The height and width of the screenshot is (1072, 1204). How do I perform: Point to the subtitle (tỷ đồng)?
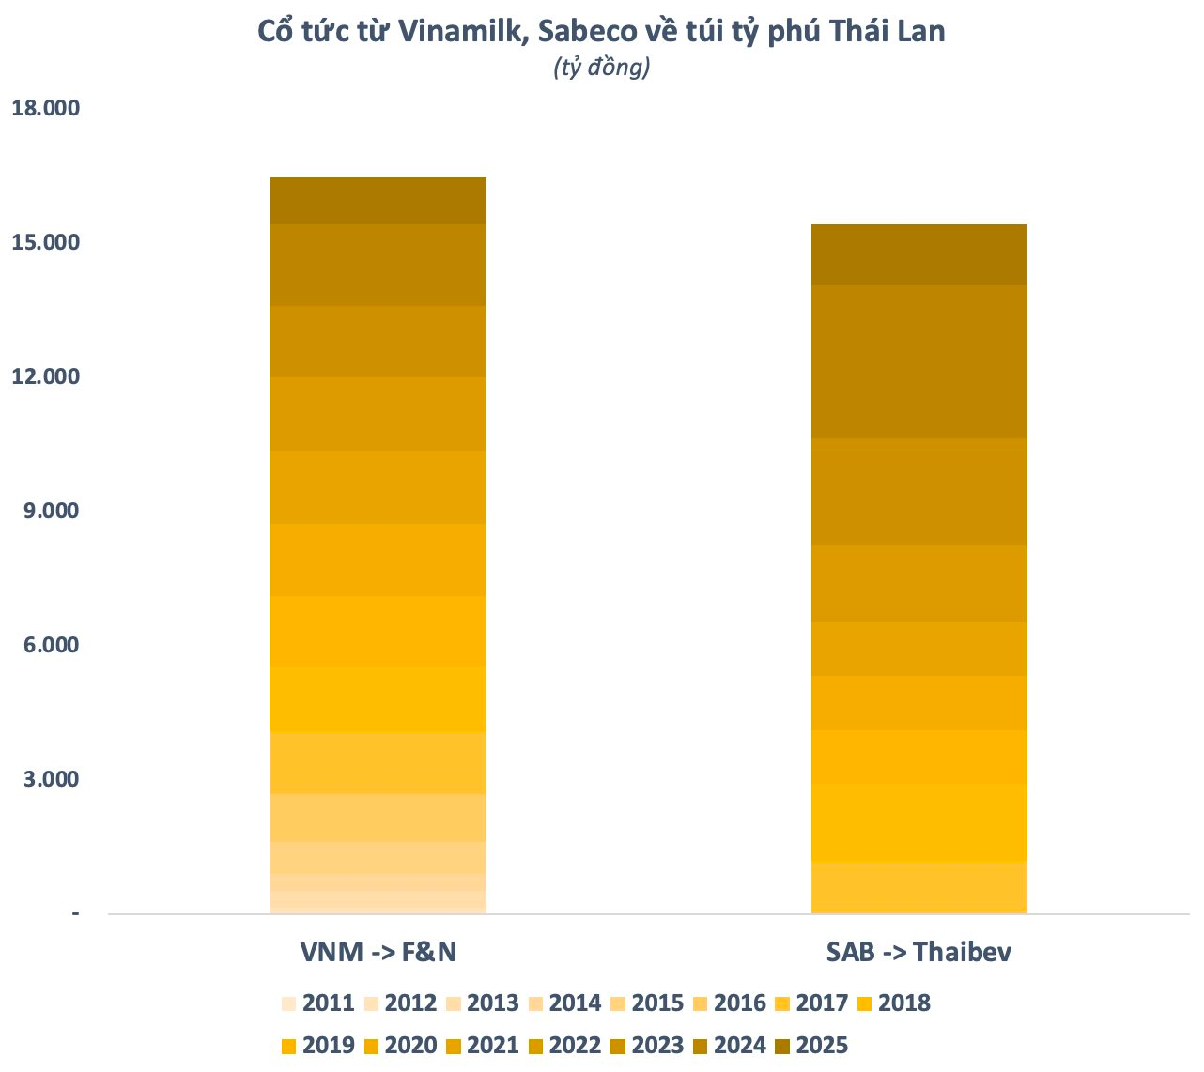[x=602, y=68]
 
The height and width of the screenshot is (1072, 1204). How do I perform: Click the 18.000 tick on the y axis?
[x=45, y=108]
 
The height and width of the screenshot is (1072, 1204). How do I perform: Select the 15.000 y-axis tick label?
[x=45, y=242]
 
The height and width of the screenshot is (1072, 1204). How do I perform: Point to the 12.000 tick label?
[x=45, y=376]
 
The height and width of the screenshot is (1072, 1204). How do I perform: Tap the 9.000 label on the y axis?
[x=51, y=511]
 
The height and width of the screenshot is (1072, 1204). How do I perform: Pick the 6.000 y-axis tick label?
[x=51, y=645]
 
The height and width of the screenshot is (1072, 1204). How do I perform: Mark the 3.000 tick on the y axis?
[x=51, y=779]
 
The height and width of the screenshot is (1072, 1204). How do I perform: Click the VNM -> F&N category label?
[x=378, y=952]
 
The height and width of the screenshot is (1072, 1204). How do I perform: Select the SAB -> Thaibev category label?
[x=918, y=952]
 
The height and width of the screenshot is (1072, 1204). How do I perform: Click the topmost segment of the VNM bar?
[x=378, y=201]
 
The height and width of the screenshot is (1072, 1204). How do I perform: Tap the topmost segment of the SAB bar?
[x=918, y=254]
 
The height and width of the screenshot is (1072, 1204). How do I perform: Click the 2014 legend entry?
[x=564, y=1003]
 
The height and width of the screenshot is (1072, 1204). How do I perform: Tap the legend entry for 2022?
[x=564, y=1045]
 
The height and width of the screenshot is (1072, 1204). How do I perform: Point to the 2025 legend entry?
[x=811, y=1045]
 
